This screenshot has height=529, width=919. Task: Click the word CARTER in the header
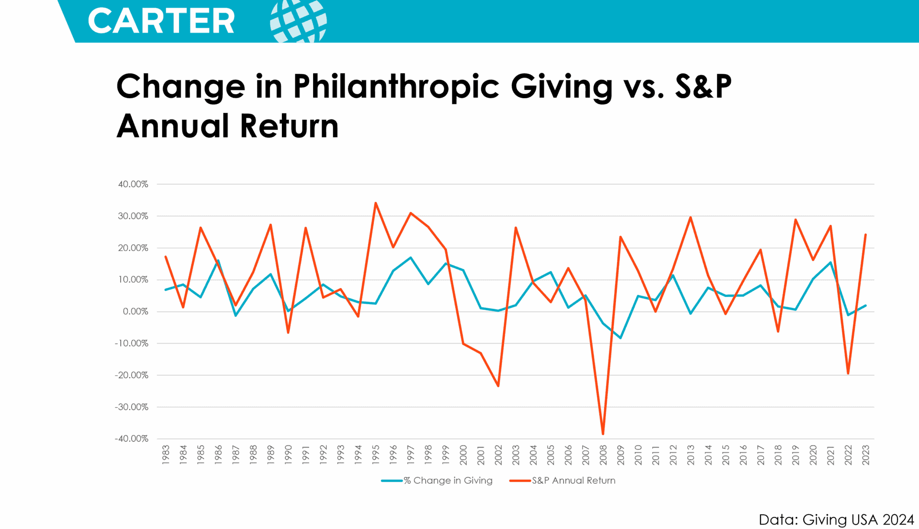pyautogui.click(x=161, y=21)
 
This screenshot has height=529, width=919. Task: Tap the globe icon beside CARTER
pyautogui.click(x=298, y=21)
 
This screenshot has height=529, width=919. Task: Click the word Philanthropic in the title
pyautogui.click(x=396, y=87)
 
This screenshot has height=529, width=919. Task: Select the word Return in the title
pyautogui.click(x=289, y=126)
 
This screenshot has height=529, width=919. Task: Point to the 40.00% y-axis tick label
pyautogui.click(x=133, y=184)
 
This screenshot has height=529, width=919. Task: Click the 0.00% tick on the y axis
pyautogui.click(x=135, y=312)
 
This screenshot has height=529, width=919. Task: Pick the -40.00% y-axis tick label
pyautogui.click(x=132, y=439)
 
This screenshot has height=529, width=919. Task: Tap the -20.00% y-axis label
pyautogui.click(x=132, y=375)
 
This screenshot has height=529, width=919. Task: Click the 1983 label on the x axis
pyautogui.click(x=166, y=455)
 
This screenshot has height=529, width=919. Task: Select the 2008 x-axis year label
pyautogui.click(x=603, y=455)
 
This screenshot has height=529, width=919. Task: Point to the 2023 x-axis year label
pyautogui.click(x=865, y=455)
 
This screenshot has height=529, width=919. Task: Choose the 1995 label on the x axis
pyautogui.click(x=376, y=455)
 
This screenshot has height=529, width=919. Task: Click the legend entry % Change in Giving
pyautogui.click(x=448, y=481)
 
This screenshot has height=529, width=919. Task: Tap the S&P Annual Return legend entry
pyautogui.click(x=573, y=481)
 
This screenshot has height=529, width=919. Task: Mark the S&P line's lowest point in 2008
pyautogui.click(x=603, y=434)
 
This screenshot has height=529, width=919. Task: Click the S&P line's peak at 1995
pyautogui.click(x=376, y=203)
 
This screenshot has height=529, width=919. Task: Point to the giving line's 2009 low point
pyautogui.click(x=620, y=338)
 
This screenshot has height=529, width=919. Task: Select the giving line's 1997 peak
pyautogui.click(x=411, y=258)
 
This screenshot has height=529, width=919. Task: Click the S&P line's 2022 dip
pyautogui.click(x=848, y=373)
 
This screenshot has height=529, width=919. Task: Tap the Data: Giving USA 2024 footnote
pyautogui.click(x=836, y=519)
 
